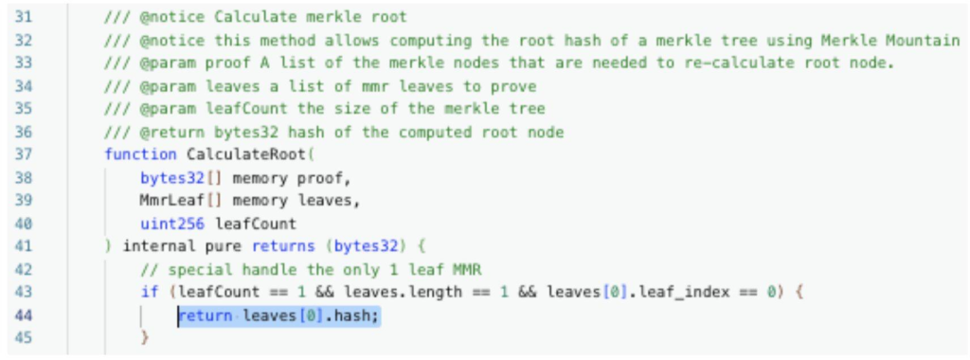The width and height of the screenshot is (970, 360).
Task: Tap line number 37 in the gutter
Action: pos(25,154)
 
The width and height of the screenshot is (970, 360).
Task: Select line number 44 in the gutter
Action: pos(25,315)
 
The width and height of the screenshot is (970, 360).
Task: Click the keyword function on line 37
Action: pos(140,154)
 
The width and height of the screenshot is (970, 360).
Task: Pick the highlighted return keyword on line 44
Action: pos(205,315)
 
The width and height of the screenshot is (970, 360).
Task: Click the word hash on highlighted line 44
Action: pos(358,315)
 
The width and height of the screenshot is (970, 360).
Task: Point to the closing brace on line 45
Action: pos(145,338)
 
